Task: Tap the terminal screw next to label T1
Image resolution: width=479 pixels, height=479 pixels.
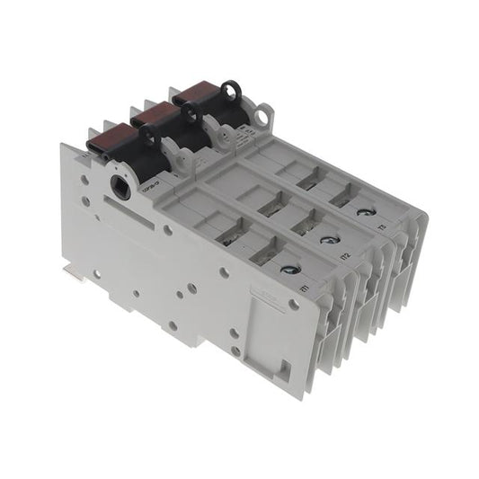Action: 288,269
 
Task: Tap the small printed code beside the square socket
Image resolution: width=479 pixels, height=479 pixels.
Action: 150,185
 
